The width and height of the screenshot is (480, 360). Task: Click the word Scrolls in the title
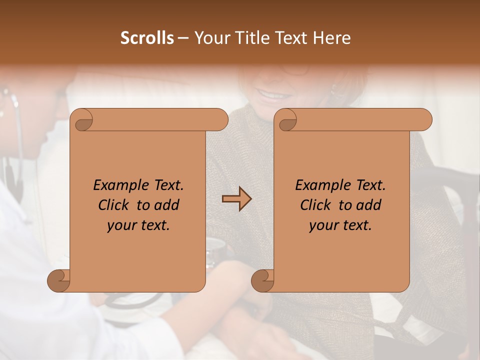click(x=147, y=38)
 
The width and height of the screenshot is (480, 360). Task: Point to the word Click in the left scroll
click(x=114, y=205)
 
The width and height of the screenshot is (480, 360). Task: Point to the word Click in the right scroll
click(x=316, y=205)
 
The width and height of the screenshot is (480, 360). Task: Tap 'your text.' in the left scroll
click(x=138, y=225)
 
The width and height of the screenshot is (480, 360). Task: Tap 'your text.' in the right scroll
click(x=340, y=225)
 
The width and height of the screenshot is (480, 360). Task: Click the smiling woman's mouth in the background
click(x=271, y=94)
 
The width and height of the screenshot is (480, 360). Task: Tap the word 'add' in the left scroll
click(x=167, y=205)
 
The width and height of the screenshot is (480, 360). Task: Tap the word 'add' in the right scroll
click(x=369, y=205)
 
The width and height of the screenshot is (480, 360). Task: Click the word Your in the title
click(x=210, y=38)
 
